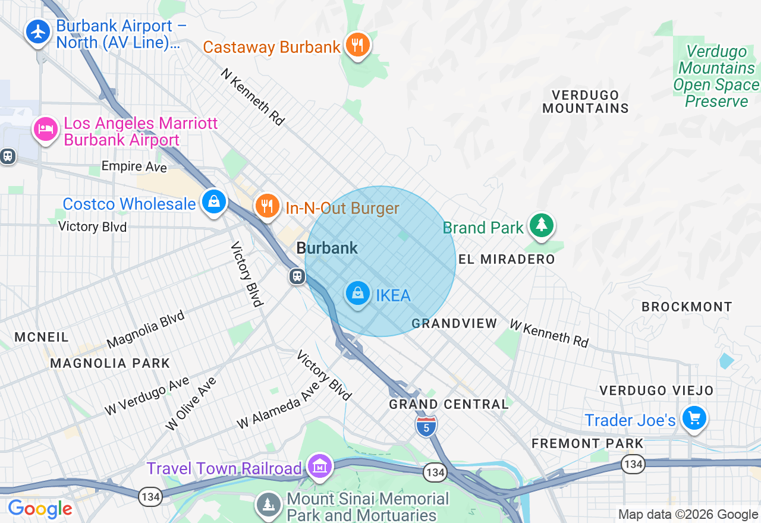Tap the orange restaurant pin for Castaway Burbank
click(357, 45)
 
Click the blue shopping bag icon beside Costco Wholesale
click(213, 201)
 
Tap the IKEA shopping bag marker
click(358, 293)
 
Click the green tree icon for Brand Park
click(541, 225)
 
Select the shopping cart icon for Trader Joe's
click(693, 418)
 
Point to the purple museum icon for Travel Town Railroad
click(320, 467)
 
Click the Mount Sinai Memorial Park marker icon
click(269, 505)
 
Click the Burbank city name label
click(327, 248)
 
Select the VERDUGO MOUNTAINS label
click(585, 102)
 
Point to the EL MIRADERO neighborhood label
click(507, 260)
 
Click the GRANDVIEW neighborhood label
click(454, 323)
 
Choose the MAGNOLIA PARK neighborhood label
click(110, 363)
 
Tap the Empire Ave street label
click(134, 166)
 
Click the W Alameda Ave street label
click(278, 406)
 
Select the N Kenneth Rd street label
click(253, 96)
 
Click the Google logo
click(40, 509)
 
